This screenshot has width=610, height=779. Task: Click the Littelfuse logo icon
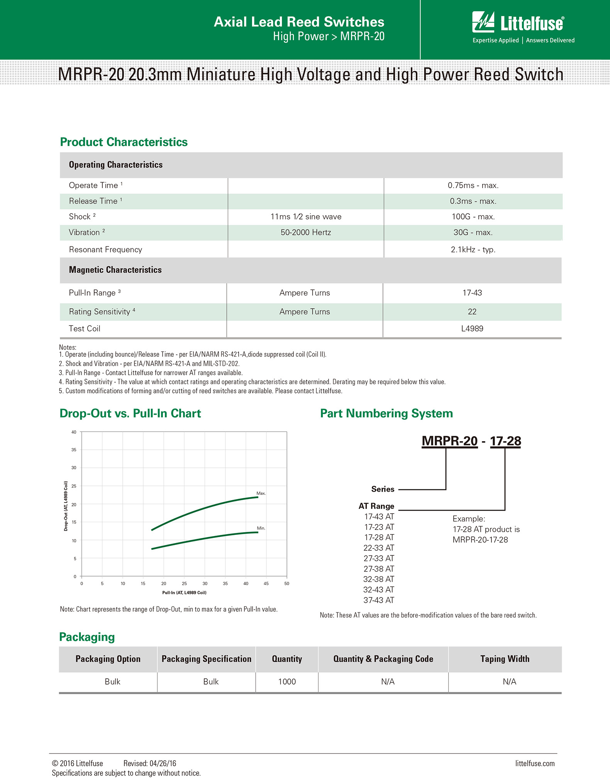483,22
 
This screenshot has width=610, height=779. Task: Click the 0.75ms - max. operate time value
473,185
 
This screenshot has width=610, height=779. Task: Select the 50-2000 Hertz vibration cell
305,233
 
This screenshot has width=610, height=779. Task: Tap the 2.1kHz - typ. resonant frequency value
473,250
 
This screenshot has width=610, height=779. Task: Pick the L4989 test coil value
472,329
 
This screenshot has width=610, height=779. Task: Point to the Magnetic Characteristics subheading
115,270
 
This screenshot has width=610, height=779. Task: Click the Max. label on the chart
261,493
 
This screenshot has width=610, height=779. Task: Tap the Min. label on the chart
261,528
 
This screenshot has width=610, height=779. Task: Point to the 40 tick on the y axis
74,432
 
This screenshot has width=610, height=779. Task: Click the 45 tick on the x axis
266,583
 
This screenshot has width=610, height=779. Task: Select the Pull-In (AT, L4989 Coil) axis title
184,593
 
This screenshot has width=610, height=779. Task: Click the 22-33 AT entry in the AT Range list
379,548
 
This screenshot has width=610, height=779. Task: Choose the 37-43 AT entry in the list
379,600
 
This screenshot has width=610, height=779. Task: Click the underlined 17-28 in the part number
505,441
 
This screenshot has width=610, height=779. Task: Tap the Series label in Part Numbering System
383,489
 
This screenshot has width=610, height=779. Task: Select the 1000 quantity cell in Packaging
287,682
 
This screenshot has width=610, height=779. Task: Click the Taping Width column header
505,659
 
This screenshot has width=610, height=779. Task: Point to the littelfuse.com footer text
535,764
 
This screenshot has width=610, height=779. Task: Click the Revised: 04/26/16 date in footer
150,764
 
